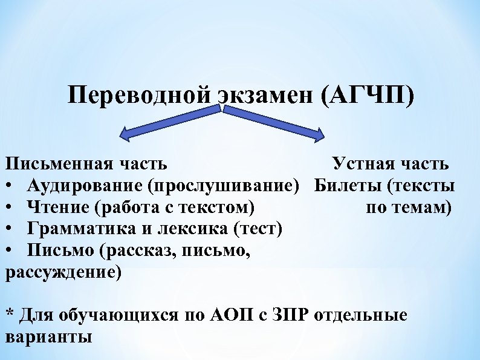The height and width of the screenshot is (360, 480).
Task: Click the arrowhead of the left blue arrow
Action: tap(126, 133)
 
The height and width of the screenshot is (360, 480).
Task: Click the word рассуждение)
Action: tap(63, 272)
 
